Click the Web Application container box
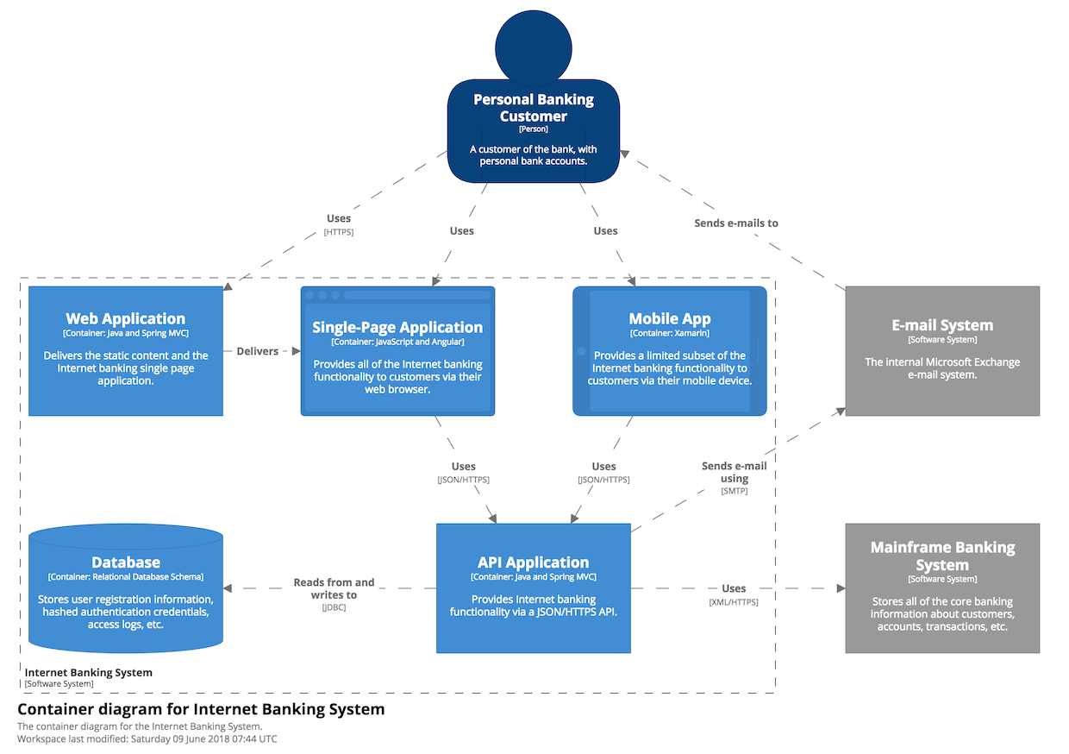pos(126,351)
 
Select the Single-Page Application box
pos(397,351)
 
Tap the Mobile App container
pos(670,351)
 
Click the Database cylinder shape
pos(126,588)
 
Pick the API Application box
pos(534,588)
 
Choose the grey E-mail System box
pos(942,351)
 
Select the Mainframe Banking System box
pos(942,588)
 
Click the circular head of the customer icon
pos(534,47)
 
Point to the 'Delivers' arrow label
pos(257,351)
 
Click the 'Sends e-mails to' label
pos(736,223)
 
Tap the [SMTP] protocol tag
pos(734,491)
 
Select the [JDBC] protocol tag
pos(334,607)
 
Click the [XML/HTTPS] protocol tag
pos(734,602)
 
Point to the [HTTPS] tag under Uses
pos(338,232)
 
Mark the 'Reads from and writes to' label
pos(334,588)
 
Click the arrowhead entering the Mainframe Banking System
pos(841,588)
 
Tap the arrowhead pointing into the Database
pos(228,588)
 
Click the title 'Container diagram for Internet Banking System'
pos(201,709)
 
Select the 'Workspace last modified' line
pos(147,738)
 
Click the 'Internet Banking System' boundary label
pos(88,672)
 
